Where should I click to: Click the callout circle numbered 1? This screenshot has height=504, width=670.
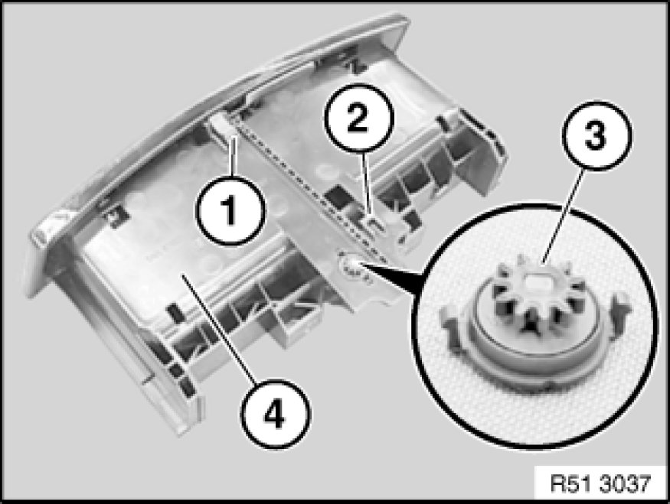click(x=230, y=210)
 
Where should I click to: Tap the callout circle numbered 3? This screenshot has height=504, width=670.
click(x=596, y=135)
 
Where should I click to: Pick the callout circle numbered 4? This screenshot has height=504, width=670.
click(x=275, y=414)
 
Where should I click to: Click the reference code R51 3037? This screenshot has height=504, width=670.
click(x=600, y=483)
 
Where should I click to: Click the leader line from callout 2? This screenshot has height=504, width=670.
click(x=368, y=183)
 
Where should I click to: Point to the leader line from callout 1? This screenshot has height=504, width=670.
click(x=233, y=155)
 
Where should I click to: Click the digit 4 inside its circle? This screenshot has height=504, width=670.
click(x=274, y=415)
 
